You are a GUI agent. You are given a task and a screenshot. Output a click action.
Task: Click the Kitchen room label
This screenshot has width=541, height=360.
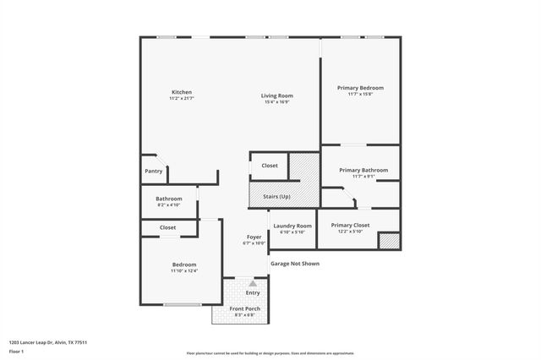coord(182,92)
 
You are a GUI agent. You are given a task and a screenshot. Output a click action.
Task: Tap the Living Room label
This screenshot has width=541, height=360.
coord(276,96)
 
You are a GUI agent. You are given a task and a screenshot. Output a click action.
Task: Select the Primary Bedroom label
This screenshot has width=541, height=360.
coord(360,88)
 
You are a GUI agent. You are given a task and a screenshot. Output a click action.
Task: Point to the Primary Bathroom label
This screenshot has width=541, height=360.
coord(363,170)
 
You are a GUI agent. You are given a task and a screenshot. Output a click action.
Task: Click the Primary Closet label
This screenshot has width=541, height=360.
coord(350,225)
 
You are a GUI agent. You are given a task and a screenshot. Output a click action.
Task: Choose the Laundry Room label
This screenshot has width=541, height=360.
coord(292,226)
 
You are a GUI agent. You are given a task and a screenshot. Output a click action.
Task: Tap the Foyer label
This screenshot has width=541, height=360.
coord(254,237)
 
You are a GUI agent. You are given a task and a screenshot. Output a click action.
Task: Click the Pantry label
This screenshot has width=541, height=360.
coord(153,171)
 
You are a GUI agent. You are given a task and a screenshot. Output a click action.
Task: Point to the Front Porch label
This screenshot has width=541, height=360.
coord(245,308)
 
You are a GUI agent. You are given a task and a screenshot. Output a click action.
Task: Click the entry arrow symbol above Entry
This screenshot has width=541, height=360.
coord(252,284)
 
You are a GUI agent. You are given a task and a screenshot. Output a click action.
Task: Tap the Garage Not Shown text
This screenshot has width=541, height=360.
coord(295,263)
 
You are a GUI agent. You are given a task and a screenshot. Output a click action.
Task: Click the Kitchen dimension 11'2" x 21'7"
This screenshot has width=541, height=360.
coord(182,99)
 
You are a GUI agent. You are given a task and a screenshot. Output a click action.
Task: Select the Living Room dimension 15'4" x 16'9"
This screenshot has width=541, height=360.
coord(276,102)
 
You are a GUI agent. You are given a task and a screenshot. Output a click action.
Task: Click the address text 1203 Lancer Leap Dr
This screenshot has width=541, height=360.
coord(48,342)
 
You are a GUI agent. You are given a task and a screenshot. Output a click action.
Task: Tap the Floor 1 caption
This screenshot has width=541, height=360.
coord(17,352)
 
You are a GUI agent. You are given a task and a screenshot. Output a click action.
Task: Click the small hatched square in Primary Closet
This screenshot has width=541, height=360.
coord(388,241)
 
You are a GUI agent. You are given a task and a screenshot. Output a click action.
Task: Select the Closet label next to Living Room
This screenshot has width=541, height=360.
coord(270,166)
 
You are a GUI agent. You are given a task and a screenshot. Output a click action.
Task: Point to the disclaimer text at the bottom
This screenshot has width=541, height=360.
coord(270,352)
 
